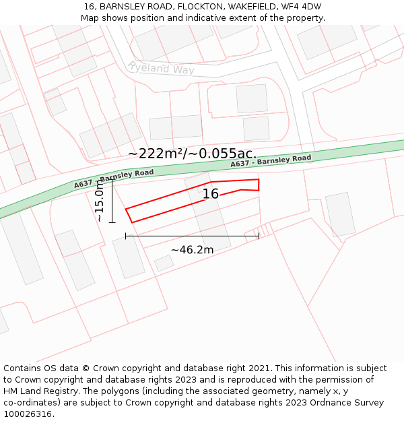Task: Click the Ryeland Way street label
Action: point(161,68)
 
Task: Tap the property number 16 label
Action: point(211,194)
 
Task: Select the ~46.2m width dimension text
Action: point(192,250)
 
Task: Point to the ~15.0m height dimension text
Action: point(100,201)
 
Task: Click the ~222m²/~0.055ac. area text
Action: point(192,154)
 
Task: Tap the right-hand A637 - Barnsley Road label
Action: point(271,162)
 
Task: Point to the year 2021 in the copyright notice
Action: point(257,368)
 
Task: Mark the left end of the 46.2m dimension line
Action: point(126,236)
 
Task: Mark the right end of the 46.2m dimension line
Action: point(259,236)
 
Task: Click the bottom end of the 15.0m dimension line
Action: point(112,222)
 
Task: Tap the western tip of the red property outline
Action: point(126,209)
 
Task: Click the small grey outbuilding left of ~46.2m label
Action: point(164,263)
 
